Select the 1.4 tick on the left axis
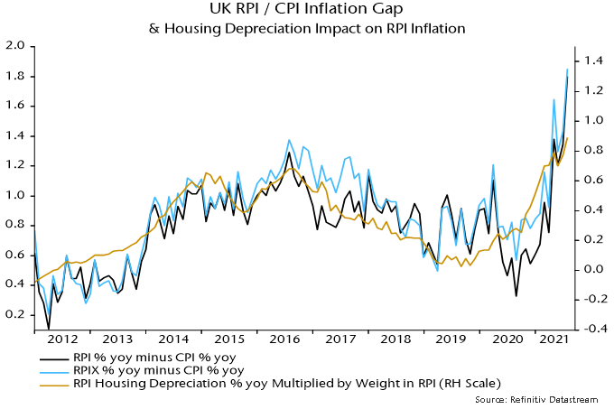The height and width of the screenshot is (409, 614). click(15, 135)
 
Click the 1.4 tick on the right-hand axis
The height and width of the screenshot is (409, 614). click(593, 60)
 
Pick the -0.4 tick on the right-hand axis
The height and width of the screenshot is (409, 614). click(591, 329)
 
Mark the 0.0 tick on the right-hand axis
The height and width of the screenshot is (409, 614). click(593, 269)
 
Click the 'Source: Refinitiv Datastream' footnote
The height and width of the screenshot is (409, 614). click(547, 399)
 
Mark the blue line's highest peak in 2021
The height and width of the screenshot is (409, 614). click(567, 69)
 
